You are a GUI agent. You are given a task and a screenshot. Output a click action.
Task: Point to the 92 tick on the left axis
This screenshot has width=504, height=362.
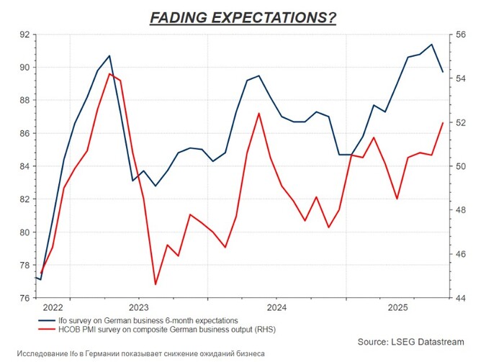24,35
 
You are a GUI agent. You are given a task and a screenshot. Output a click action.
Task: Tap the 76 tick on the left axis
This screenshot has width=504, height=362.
24,298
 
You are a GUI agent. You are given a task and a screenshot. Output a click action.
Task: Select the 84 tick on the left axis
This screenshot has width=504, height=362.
24,166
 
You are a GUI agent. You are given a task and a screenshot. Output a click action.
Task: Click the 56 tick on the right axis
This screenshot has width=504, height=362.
462,35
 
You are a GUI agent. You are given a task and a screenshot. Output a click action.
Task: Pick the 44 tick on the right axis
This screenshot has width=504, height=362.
462,298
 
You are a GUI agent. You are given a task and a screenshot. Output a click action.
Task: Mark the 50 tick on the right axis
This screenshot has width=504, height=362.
462,166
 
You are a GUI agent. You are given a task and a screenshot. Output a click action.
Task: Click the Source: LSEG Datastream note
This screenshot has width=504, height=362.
410,341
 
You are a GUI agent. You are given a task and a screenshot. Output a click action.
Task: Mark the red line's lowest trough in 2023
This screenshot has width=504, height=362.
156,284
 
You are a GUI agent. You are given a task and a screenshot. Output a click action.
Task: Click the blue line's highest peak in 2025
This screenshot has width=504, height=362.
431,45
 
